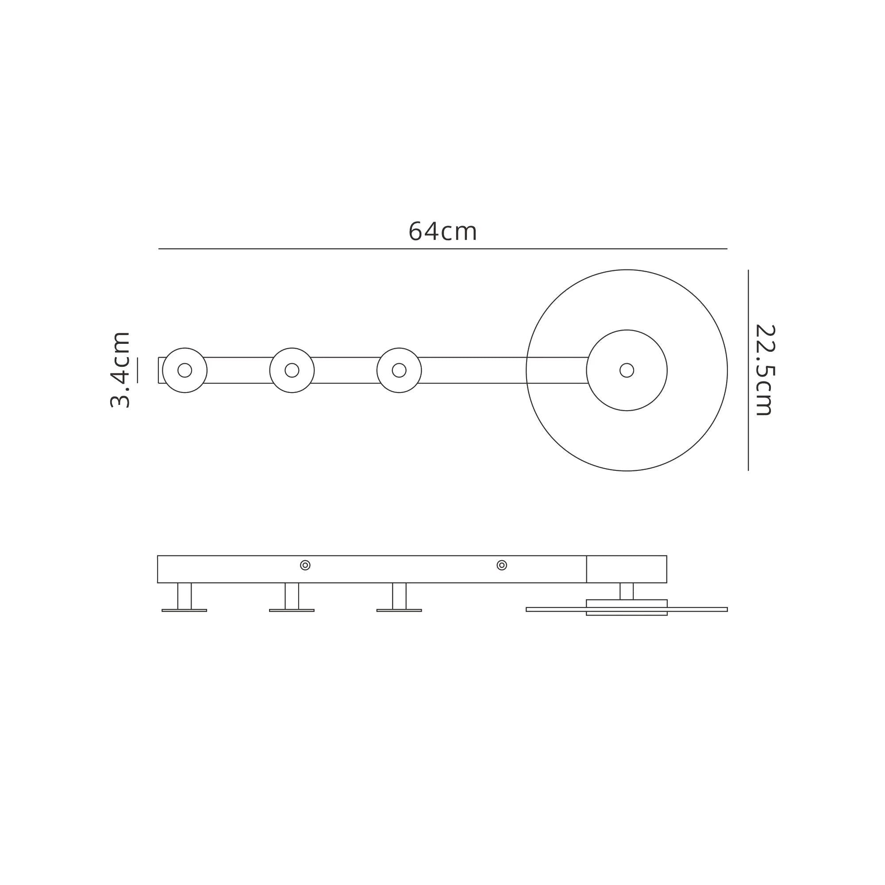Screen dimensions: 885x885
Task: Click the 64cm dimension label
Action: [x=442, y=232]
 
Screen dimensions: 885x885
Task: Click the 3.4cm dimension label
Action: [x=120, y=370]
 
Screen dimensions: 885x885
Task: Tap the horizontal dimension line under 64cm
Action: [x=442, y=249]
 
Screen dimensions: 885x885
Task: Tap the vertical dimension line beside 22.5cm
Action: [x=748, y=370]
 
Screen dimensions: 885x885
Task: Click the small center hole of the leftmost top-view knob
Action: [x=185, y=370]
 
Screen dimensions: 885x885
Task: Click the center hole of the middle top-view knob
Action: [x=292, y=370]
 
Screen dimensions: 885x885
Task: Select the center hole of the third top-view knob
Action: [x=399, y=370]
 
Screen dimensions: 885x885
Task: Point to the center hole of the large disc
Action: [x=627, y=370]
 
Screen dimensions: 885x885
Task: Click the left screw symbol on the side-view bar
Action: [x=305, y=565]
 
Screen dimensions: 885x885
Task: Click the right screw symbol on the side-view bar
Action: [x=502, y=565]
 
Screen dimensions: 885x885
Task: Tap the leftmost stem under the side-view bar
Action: [x=185, y=596]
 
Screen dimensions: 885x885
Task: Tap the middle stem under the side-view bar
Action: [x=292, y=596]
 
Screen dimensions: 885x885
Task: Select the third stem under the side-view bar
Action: [x=399, y=596]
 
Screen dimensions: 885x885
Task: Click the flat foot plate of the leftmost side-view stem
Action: [x=185, y=610]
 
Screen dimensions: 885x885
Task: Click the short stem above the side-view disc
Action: [x=627, y=591]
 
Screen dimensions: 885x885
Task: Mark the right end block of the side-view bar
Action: [x=627, y=569]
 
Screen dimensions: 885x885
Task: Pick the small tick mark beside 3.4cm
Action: [x=138, y=370]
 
